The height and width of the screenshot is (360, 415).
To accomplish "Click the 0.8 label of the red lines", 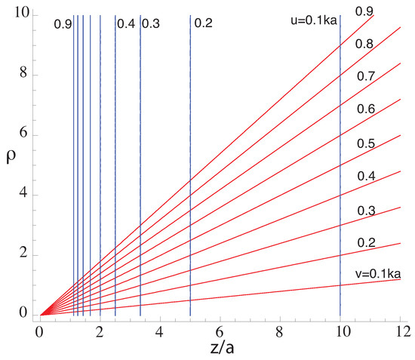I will click(366, 45).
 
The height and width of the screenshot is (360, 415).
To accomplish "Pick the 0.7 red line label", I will click(366, 77).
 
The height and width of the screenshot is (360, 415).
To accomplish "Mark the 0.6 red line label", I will click(366, 109).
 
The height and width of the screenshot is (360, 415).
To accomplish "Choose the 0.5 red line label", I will click(366, 143).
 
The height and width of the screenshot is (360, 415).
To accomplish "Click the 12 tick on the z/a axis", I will click(402, 330).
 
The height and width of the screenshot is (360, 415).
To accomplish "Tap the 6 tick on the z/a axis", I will click(220, 330).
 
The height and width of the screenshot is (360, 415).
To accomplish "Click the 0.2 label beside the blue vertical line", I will click(203, 24).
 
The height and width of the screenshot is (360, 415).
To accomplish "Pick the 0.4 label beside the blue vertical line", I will click(125, 24).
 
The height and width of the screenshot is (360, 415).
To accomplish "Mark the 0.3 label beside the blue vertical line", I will click(151, 24).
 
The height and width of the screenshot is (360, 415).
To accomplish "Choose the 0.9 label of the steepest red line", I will click(364, 11).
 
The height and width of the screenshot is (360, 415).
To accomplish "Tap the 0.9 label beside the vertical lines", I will click(63, 24).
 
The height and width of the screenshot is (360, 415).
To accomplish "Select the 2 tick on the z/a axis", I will click(99, 330).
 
